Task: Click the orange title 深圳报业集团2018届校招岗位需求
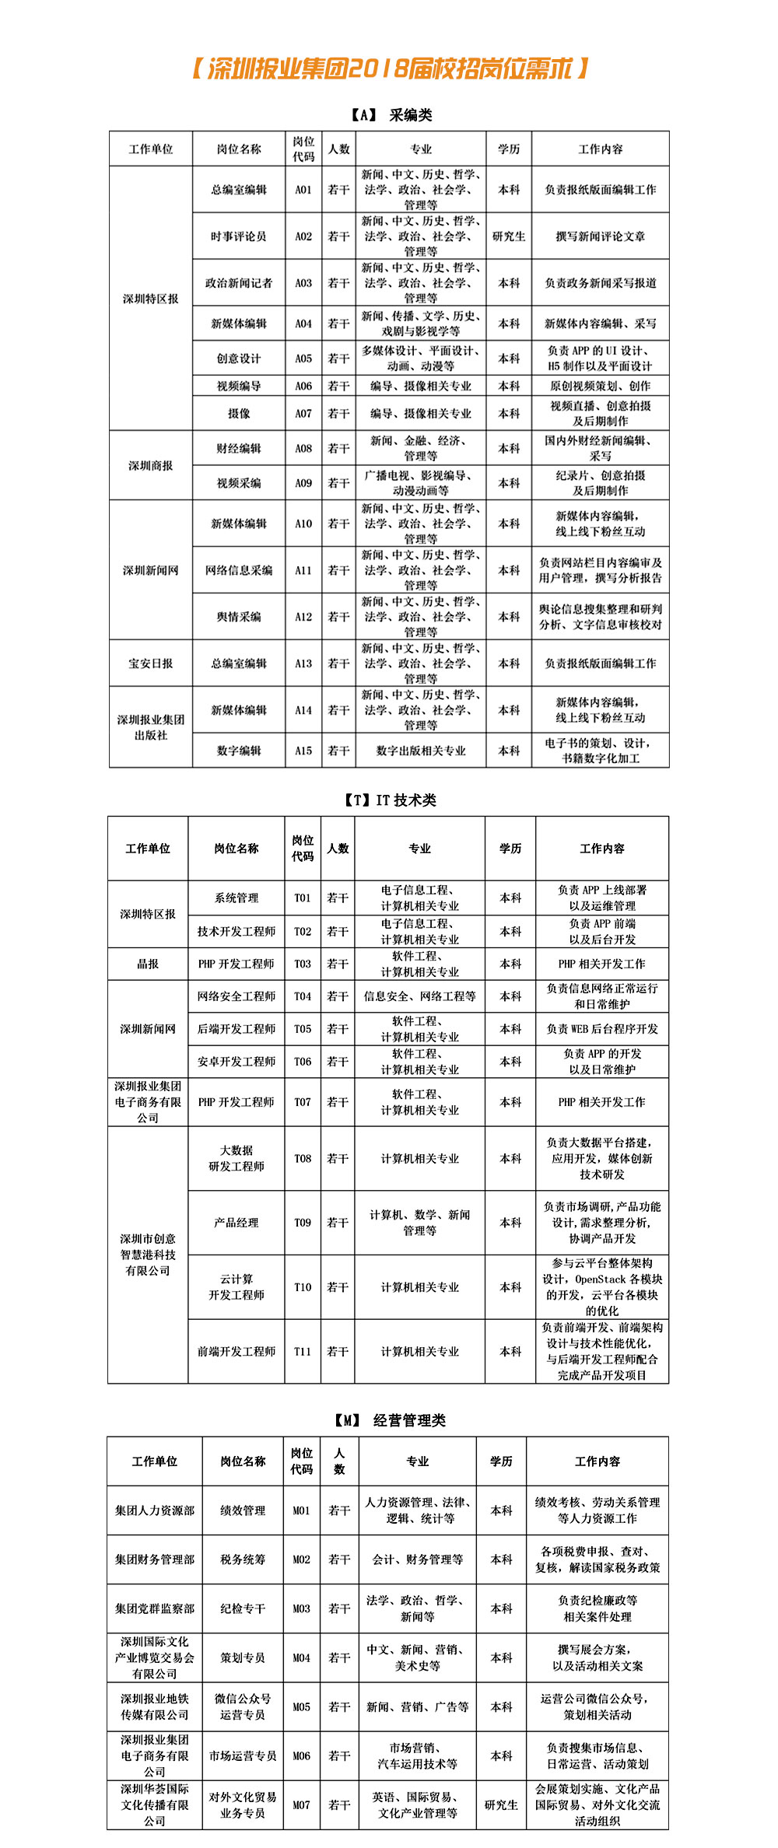click(390, 69)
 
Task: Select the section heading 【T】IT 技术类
click(390, 800)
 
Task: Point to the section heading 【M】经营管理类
click(390, 1420)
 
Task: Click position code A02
click(303, 236)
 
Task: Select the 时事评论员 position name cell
click(239, 236)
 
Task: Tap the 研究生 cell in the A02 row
click(509, 236)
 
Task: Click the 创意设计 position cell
click(239, 359)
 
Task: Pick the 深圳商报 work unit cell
click(151, 465)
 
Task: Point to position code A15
click(303, 751)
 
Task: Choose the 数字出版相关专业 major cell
click(421, 751)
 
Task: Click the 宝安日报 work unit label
click(151, 663)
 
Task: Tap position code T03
click(303, 964)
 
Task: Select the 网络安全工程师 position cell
click(237, 996)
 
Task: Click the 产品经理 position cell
click(237, 1223)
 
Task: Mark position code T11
click(303, 1352)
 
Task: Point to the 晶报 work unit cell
click(148, 964)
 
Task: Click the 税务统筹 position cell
click(243, 1559)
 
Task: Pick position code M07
click(301, 1805)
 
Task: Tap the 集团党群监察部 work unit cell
click(155, 1608)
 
